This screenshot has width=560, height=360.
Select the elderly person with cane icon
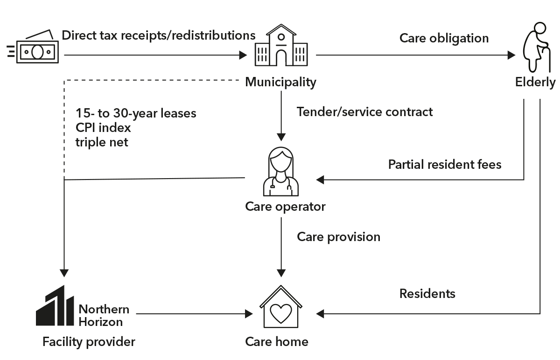(537, 47)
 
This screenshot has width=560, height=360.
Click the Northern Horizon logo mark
(55, 305)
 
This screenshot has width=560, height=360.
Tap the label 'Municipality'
(280, 82)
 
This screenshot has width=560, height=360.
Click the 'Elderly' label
(535, 82)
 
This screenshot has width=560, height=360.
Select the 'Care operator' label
(285, 207)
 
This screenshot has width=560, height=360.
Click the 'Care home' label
(277, 341)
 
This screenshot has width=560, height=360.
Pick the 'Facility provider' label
(89, 342)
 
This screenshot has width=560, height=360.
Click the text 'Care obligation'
(444, 39)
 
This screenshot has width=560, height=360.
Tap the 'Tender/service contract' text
(364, 111)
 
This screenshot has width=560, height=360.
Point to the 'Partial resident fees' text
(445, 165)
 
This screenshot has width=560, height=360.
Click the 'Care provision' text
(338, 237)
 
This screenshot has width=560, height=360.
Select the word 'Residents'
(427, 293)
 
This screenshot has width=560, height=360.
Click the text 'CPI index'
(103, 128)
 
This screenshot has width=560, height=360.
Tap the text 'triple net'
(102, 142)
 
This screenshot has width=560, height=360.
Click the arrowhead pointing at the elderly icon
(511, 55)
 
